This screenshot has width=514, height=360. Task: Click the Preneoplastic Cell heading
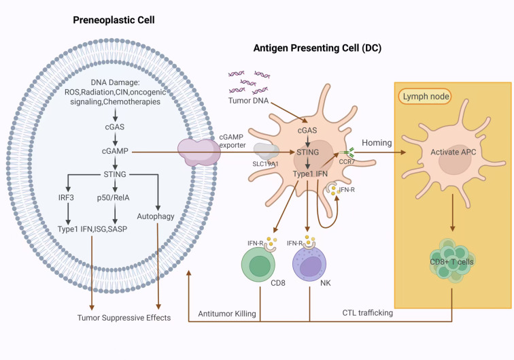pyautogui.click(x=114, y=20)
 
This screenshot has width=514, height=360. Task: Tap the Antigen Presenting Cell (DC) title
pyautogui.click(x=318, y=48)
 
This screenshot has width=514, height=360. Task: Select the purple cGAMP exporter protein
pyautogui.click(x=199, y=152)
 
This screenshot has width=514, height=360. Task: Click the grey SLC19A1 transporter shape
pyautogui.click(x=266, y=151)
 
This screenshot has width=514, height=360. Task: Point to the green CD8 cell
pyautogui.click(x=258, y=265)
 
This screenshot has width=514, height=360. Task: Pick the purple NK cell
pyautogui.click(x=309, y=265)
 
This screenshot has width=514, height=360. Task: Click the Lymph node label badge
pyautogui.click(x=425, y=97)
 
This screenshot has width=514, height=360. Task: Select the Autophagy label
pyautogui.click(x=156, y=216)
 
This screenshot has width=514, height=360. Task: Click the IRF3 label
pyautogui.click(x=66, y=197)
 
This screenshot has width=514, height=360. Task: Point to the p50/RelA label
pyautogui.click(x=113, y=198)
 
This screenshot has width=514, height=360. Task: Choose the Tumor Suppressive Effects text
pyautogui.click(x=124, y=318)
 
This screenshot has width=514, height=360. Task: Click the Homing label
pyautogui.click(x=377, y=143)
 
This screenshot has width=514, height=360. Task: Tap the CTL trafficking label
pyautogui.click(x=367, y=313)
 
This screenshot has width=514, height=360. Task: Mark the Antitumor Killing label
pyautogui.click(x=227, y=314)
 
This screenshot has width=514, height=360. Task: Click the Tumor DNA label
pyautogui.click(x=248, y=101)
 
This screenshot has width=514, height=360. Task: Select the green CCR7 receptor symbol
pyautogui.click(x=347, y=152)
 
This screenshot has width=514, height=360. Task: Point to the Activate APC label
pyautogui.click(x=453, y=152)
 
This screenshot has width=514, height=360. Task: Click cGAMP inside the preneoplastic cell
pyautogui.click(x=115, y=151)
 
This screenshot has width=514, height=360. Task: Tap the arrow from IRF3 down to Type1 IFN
pyautogui.click(x=68, y=214)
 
